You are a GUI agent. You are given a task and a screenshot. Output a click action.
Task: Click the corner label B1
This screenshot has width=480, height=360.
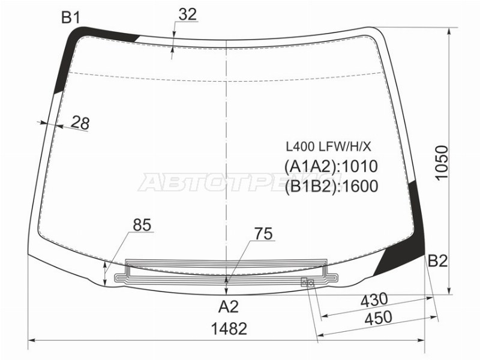[x=71, y=17]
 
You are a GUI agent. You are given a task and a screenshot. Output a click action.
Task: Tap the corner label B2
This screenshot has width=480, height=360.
[x=437, y=261]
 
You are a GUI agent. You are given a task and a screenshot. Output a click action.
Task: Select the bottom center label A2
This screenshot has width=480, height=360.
[x=229, y=307]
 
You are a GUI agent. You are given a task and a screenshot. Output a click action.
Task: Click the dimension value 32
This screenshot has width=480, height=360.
[x=187, y=14]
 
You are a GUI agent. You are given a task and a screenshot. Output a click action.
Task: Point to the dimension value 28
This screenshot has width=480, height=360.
[x=80, y=123]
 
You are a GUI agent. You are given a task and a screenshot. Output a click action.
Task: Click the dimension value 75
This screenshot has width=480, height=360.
[x=263, y=234]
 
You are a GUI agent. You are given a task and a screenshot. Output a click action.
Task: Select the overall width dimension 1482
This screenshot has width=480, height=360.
[x=229, y=329]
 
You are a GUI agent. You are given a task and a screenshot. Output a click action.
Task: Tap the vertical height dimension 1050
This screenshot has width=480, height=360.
[x=442, y=163]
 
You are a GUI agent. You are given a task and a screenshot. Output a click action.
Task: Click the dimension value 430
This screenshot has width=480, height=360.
[x=374, y=300]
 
